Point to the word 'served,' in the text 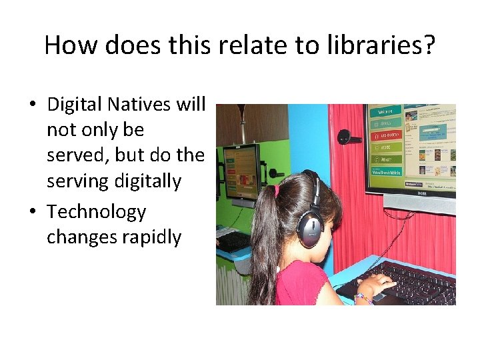click(x=78, y=155)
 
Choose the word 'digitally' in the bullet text click(x=147, y=181)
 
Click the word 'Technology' click(x=96, y=212)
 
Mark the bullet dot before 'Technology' click(x=33, y=212)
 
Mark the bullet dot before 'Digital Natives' click(x=33, y=105)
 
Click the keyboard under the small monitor click(x=232, y=240)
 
